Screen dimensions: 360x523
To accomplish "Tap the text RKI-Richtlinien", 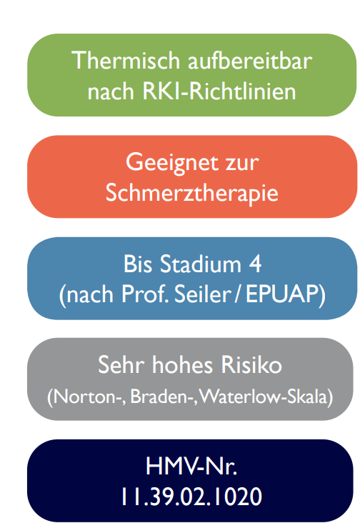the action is pos(219,91).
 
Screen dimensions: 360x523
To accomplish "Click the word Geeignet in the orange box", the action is pos(171,164).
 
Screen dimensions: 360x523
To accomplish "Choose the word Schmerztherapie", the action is pos(191,192).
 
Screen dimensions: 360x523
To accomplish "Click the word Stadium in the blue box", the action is pos(201,264).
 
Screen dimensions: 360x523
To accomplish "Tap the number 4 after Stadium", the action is pos(255,264).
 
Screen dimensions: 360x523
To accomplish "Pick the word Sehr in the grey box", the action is pos(121,364).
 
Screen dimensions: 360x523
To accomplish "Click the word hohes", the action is pos(183,364).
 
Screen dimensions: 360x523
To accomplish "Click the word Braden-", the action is pos(161,397).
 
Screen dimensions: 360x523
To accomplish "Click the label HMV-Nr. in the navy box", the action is pos(191,466).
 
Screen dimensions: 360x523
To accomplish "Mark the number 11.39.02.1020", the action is pos(191,497).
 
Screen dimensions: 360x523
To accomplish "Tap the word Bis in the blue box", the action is pos(138,264).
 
